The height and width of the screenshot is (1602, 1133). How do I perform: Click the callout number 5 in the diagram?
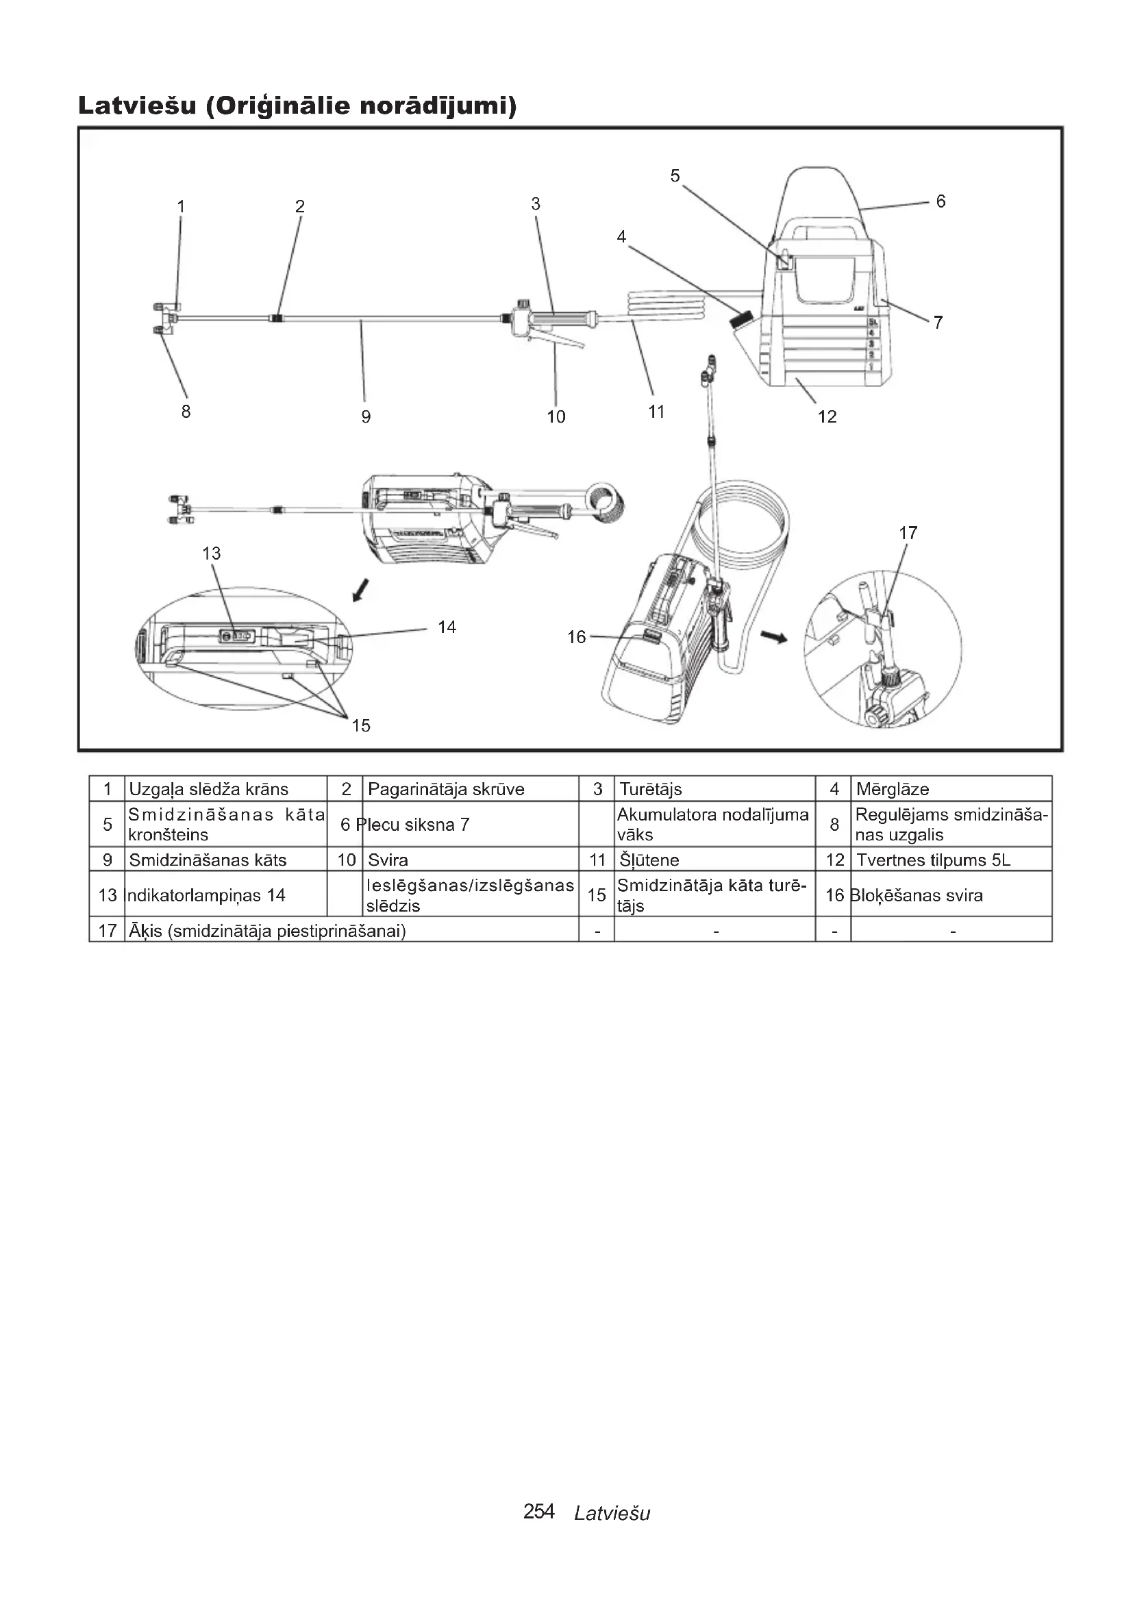[x=675, y=176]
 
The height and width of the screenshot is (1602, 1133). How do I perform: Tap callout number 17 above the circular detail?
[x=908, y=533]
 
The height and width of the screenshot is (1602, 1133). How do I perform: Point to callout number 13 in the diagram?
[x=212, y=553]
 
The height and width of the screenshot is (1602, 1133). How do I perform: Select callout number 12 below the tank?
[x=827, y=416]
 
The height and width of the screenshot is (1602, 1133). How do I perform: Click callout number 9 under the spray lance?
[x=366, y=416]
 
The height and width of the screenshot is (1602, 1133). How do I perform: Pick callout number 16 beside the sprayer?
[x=576, y=637]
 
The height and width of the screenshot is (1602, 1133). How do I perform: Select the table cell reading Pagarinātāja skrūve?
[x=446, y=789]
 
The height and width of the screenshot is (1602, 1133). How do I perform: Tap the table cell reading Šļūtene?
[x=649, y=860]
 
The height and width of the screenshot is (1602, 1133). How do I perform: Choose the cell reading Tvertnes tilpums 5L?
[x=933, y=860]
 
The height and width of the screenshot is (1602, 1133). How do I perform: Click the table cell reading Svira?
[x=388, y=860]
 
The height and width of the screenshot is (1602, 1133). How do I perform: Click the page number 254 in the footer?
[x=538, y=1512]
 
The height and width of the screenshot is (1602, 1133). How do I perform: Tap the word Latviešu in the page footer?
[x=612, y=1513]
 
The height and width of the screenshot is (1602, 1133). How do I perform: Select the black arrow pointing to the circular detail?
[x=773, y=636]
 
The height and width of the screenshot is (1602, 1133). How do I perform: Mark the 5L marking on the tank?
[x=873, y=322]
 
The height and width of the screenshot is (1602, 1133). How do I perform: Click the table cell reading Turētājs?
[x=650, y=789]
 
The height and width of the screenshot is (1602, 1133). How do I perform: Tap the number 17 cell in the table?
[x=108, y=931]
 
